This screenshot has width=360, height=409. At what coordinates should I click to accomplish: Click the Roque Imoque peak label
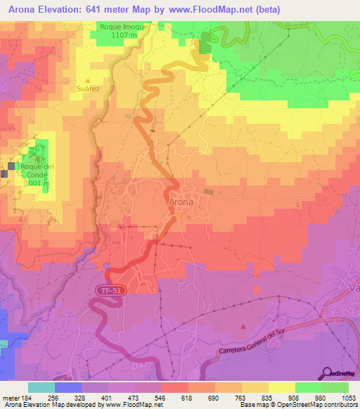[x=124, y=26]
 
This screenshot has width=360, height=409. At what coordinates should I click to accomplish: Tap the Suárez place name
[x=88, y=89]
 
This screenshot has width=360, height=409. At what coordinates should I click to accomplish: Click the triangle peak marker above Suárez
[x=88, y=80]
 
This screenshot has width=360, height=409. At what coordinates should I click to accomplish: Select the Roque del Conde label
[x=37, y=171]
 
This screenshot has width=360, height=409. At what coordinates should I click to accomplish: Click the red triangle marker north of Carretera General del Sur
[x=243, y=325]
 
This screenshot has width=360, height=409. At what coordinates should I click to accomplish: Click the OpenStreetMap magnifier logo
[x=327, y=372]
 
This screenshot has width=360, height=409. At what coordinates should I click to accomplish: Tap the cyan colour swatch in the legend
[x=41, y=387]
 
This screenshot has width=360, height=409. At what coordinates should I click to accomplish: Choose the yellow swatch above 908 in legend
[x=282, y=387]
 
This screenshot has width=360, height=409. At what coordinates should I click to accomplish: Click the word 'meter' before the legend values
[x=11, y=398]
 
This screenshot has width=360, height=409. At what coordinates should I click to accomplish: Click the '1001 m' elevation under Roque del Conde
[x=37, y=183]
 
